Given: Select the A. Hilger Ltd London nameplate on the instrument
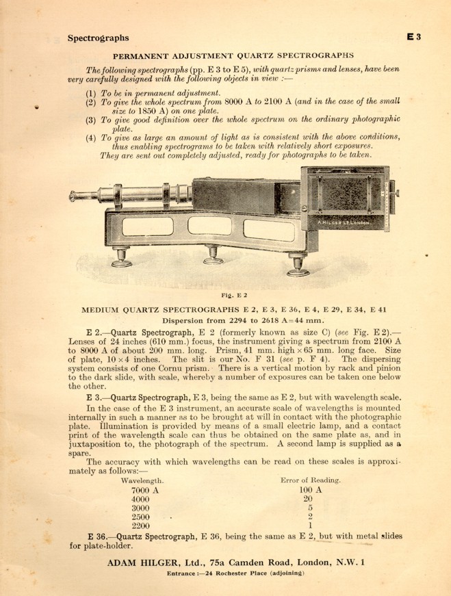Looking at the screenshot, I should (x=344, y=222).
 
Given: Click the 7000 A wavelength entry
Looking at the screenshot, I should (x=144, y=490).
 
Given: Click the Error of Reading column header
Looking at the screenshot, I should (x=311, y=481).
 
